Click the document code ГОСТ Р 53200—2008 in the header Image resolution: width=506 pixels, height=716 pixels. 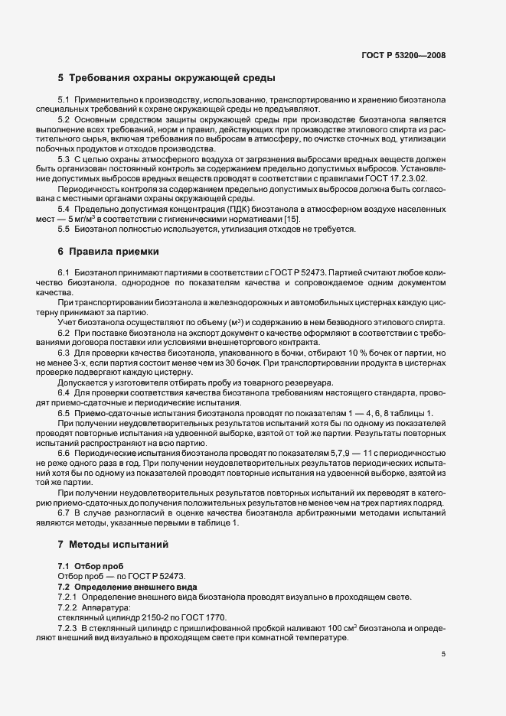point(404,55)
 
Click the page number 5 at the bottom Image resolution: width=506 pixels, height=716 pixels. point(443,653)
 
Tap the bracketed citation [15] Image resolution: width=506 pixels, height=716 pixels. point(293,220)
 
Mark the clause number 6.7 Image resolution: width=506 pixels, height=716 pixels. point(64,513)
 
